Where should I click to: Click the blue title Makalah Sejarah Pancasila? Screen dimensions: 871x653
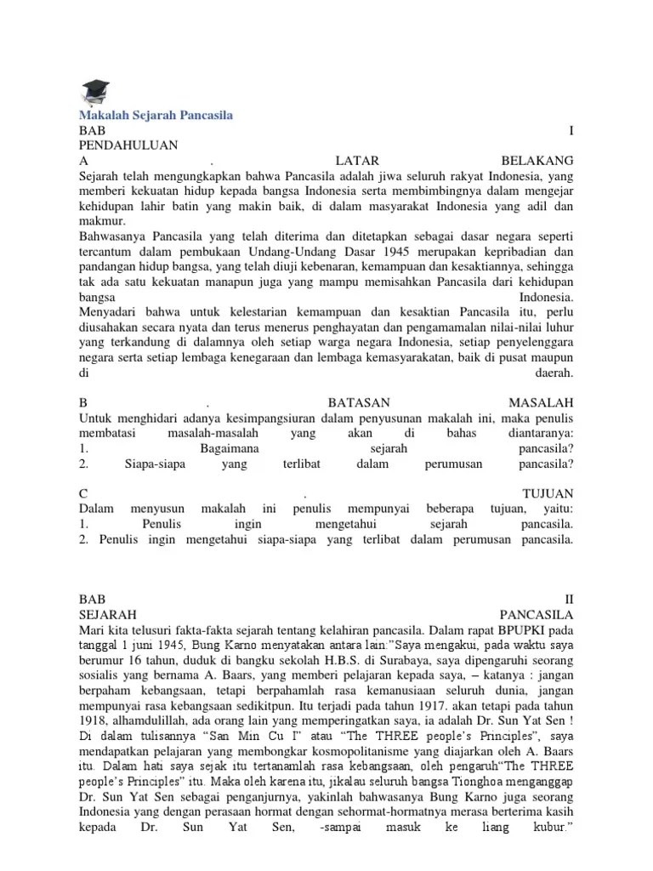(x=156, y=115)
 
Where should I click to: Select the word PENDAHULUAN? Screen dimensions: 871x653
(x=128, y=145)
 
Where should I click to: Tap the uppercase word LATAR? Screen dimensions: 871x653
(x=356, y=161)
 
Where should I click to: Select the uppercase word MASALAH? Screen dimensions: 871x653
(x=542, y=401)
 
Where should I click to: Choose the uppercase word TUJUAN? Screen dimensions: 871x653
(x=548, y=493)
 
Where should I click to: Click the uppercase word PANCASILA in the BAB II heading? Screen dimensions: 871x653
(x=537, y=614)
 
